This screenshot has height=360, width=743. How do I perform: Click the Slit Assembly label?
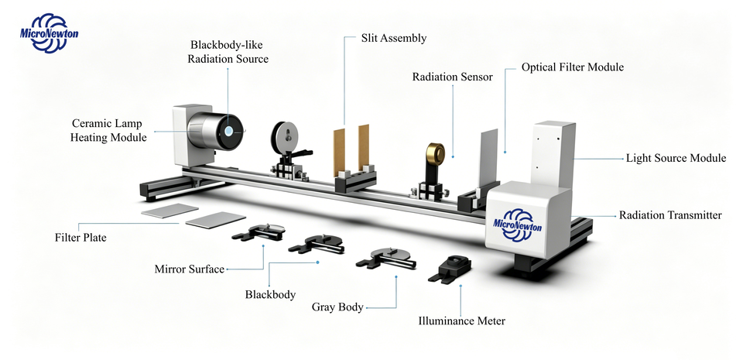point(394,38)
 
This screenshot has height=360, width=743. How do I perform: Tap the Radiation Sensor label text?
point(453,77)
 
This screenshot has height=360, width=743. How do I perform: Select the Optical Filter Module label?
point(573,67)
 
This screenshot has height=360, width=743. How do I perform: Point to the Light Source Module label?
point(676,158)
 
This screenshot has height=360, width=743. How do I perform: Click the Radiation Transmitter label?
point(670,215)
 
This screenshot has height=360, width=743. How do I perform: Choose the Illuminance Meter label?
point(461,321)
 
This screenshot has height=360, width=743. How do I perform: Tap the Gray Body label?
point(337,307)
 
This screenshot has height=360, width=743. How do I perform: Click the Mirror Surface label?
point(189,269)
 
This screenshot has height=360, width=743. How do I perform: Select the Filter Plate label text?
point(80,238)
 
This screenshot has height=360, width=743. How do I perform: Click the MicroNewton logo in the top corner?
point(49,33)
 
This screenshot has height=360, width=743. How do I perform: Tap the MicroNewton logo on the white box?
point(518,221)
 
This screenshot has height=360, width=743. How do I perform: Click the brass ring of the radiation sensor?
point(436,153)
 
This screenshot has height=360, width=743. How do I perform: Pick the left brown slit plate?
point(339,152)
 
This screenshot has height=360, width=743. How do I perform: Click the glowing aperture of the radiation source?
point(229,131)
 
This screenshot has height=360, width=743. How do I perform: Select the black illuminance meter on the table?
point(450,269)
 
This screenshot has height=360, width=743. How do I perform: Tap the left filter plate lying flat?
point(169,211)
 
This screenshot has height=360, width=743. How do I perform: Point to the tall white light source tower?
point(553,154)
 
